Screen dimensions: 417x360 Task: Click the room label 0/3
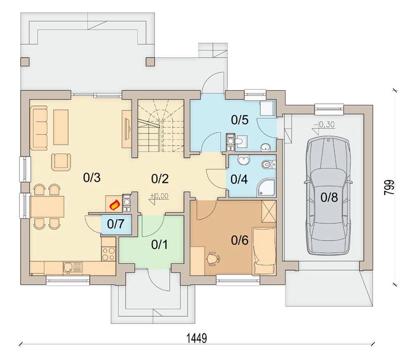click(x=92, y=178)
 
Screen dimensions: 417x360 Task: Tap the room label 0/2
click(x=160, y=179)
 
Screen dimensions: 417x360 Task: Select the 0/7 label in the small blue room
click(x=116, y=224)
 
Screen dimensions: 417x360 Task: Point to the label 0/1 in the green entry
click(x=159, y=245)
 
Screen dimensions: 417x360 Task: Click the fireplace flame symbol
click(x=115, y=205)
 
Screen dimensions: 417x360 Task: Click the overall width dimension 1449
click(x=197, y=338)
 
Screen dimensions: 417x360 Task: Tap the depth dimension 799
click(x=389, y=188)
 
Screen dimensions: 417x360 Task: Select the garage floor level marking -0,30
click(x=324, y=125)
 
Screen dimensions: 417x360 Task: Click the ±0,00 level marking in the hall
click(x=159, y=196)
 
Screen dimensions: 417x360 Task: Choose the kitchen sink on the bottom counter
click(x=73, y=267)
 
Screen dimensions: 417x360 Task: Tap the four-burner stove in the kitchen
click(x=108, y=254)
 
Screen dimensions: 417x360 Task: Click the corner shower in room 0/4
click(x=266, y=188)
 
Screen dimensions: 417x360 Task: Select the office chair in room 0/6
click(x=213, y=258)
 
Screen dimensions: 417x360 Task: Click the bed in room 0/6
click(x=264, y=251)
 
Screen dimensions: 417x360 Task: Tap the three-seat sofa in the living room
click(x=39, y=127)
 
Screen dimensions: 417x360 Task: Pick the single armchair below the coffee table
click(x=61, y=162)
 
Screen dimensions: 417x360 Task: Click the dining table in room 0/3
click(x=47, y=206)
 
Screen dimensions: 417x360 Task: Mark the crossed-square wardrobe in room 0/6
click(x=269, y=211)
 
